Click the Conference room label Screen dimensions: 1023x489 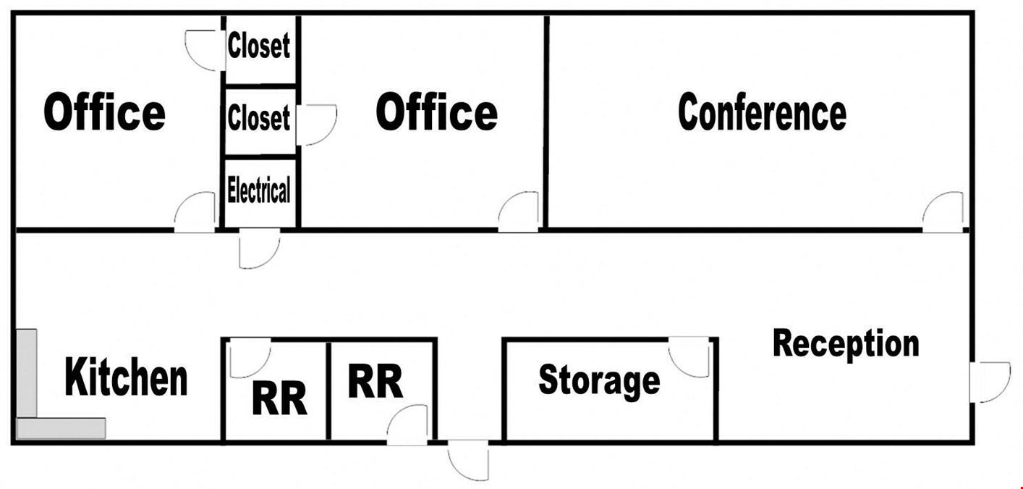click(x=762, y=112)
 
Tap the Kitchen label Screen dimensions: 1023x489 click(x=126, y=377)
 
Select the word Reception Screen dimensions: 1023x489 click(x=846, y=344)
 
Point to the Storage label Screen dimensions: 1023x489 click(x=599, y=380)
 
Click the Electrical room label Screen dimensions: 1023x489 click(x=258, y=190)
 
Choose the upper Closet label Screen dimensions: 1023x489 click(x=258, y=46)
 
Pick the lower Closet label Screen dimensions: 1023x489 click(x=258, y=117)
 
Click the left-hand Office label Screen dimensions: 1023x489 click(x=104, y=112)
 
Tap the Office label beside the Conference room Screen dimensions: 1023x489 click(x=436, y=112)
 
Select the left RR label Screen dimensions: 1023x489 click(x=279, y=398)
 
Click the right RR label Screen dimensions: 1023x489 click(x=375, y=380)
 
